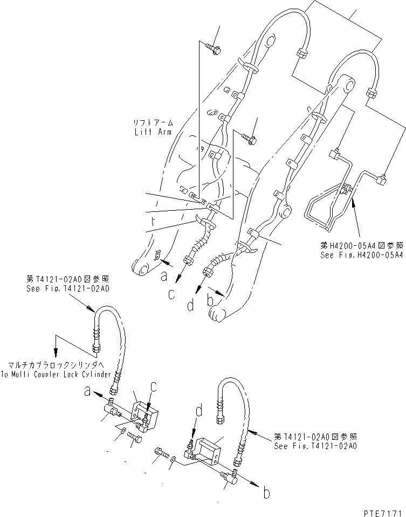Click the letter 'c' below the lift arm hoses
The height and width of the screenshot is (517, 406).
click(171, 294)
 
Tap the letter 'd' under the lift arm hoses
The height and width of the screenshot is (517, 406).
click(190, 305)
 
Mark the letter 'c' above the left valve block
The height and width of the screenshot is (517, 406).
click(154, 387)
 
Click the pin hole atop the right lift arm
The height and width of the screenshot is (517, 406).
click(348, 85)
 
